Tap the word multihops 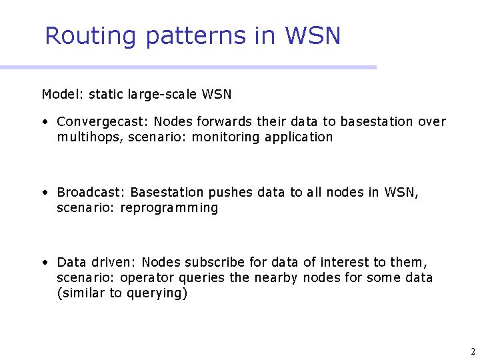pyautogui.click(x=87, y=137)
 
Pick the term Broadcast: pyautogui.click(x=91, y=193)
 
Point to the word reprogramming pyautogui.click(x=169, y=208)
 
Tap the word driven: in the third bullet pyautogui.click(x=113, y=263)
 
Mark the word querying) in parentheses pyautogui.click(x=157, y=293)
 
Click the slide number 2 pyautogui.click(x=472, y=351)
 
